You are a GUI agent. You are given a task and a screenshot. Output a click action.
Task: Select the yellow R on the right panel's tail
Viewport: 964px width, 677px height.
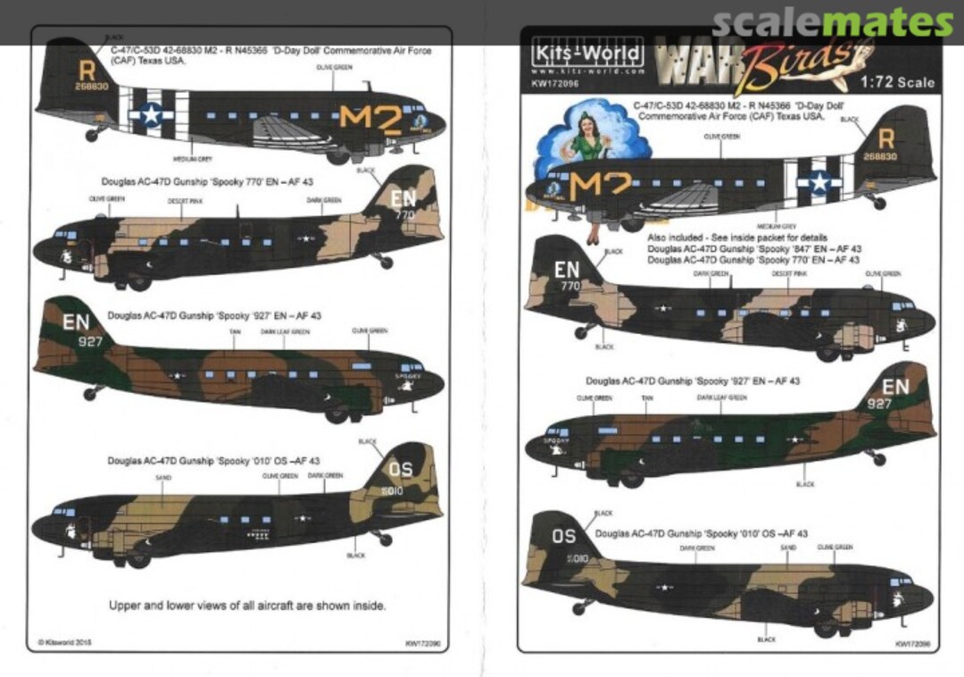tap(885, 139)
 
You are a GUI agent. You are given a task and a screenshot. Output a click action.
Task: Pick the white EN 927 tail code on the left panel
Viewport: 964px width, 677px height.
tap(77, 330)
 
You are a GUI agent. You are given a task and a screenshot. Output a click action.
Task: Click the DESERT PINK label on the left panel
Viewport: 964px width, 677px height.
tap(185, 201)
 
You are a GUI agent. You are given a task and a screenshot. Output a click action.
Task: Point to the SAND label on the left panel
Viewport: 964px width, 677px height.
tap(162, 479)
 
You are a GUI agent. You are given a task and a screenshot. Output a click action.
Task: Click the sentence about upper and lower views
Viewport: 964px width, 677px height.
tap(247, 605)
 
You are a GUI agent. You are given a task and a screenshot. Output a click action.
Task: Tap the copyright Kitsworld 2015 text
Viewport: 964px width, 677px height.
tap(67, 641)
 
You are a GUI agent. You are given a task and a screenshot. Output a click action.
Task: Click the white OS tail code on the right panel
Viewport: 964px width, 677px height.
tap(565, 537)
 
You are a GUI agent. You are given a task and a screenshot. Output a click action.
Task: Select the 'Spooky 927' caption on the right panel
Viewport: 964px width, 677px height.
tap(693, 381)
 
